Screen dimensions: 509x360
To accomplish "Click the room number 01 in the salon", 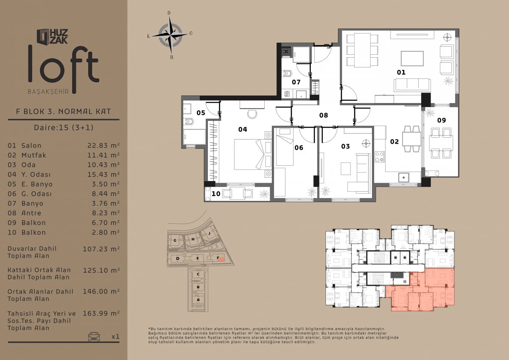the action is pos(401,73).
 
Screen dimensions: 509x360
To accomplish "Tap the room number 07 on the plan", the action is pos(296,82).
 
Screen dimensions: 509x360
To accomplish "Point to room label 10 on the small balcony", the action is pos(216,194).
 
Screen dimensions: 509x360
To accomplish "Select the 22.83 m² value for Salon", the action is pos(103,145).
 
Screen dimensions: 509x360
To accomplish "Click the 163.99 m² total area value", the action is pos(101,313).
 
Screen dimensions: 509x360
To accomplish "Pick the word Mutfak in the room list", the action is pos(34,155).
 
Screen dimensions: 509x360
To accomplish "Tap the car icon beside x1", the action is pos(94,336).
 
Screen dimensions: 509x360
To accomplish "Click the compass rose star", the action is pos(170,35).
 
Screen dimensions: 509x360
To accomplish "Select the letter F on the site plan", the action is pos(218,258).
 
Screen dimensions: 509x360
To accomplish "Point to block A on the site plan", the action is pos(198,300).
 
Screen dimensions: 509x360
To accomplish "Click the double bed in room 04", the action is pos(249,154).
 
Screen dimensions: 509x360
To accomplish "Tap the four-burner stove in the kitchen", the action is pos(380,157).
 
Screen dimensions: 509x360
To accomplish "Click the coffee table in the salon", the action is pos(412,59).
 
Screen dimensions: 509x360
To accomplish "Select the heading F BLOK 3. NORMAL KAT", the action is pos(64,112).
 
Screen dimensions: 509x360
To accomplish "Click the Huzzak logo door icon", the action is pos(43,36).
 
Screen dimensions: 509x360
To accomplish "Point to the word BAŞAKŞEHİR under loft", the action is pos(48,92).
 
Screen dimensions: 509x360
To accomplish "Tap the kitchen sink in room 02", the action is pos(403,177).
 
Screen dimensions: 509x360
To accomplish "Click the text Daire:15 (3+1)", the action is pos(64,127).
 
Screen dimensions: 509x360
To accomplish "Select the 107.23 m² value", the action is pos(101,249).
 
